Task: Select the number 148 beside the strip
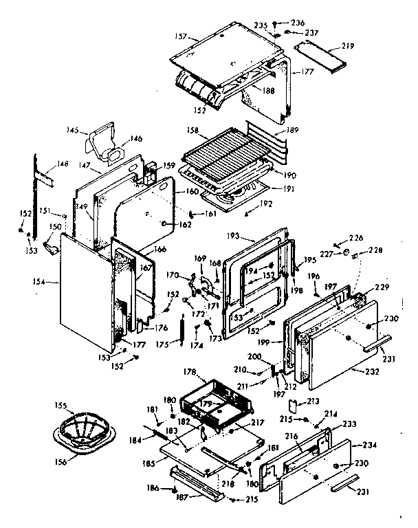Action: [63, 164]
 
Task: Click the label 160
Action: [192, 191]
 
